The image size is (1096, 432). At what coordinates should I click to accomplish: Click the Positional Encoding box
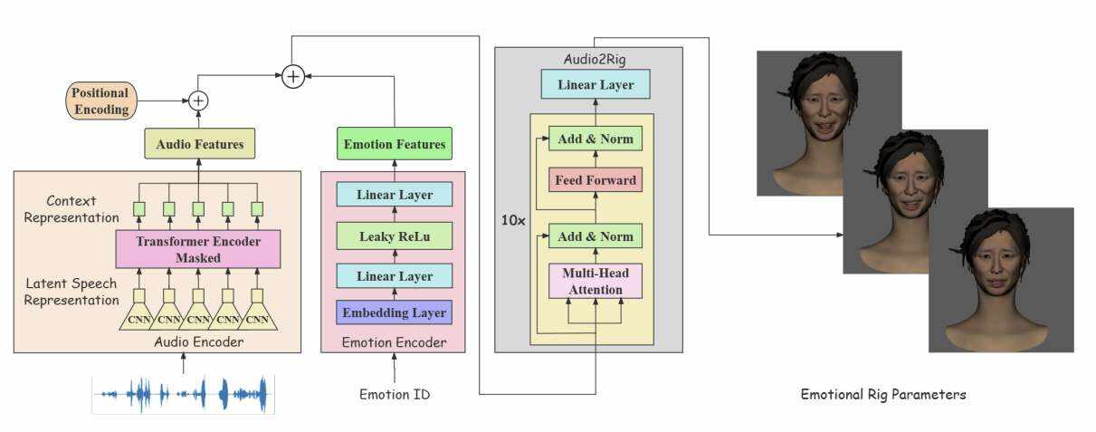pos(101,101)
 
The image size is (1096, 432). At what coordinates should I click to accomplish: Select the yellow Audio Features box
pos(199,144)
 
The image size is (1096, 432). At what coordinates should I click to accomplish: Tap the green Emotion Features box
pos(394,144)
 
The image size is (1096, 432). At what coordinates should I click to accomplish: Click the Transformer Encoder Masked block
pos(198,249)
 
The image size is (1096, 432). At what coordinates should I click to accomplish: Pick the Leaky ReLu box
pos(394,235)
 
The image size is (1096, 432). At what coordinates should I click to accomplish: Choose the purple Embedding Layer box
pos(394,312)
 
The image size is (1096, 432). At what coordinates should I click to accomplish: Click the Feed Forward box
pos(595,180)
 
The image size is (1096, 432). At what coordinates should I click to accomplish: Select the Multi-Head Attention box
pos(595,282)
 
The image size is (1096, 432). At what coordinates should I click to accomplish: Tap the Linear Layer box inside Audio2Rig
pos(595,85)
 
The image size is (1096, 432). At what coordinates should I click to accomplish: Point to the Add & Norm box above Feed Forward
pos(595,139)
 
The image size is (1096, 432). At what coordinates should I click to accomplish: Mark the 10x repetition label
pos(512,220)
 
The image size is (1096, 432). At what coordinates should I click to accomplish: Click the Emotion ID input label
pos(395,394)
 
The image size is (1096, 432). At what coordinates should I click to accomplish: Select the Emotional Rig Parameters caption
pos(883,394)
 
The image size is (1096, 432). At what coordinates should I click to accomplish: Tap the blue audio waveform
pos(184,394)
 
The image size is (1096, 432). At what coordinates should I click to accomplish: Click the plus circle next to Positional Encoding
pos(198,101)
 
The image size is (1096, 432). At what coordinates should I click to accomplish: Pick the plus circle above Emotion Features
pos(292,77)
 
